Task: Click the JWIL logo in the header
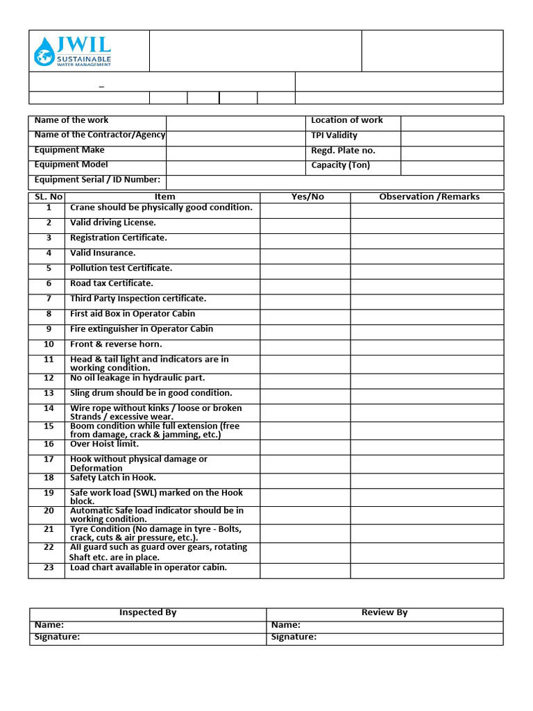pyautogui.click(x=72, y=51)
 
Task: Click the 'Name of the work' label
pyautogui.click(x=71, y=120)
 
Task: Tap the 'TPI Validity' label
pyautogui.click(x=334, y=135)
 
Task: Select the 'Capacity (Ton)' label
pyautogui.click(x=340, y=165)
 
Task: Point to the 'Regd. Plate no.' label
pyautogui.click(x=343, y=151)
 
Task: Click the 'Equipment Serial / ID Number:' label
pyautogui.click(x=97, y=180)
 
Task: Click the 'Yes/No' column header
pyautogui.click(x=307, y=197)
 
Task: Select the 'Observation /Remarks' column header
pyautogui.click(x=429, y=197)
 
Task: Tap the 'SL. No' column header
pyautogui.click(x=49, y=197)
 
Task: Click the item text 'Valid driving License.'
pyautogui.click(x=113, y=223)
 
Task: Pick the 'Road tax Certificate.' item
pyautogui.click(x=112, y=283)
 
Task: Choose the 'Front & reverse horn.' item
pyautogui.click(x=116, y=344)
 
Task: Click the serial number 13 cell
pyautogui.click(x=49, y=394)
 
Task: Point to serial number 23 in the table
pyautogui.click(x=49, y=568)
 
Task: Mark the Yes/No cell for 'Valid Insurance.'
pyautogui.click(x=305, y=255)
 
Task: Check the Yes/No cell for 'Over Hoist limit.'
pyautogui.click(x=305, y=447)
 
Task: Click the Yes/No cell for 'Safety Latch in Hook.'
pyautogui.click(x=305, y=480)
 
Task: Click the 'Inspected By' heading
pyautogui.click(x=148, y=612)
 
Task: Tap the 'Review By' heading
pyautogui.click(x=384, y=612)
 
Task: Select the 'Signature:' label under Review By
pyautogui.click(x=294, y=637)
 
